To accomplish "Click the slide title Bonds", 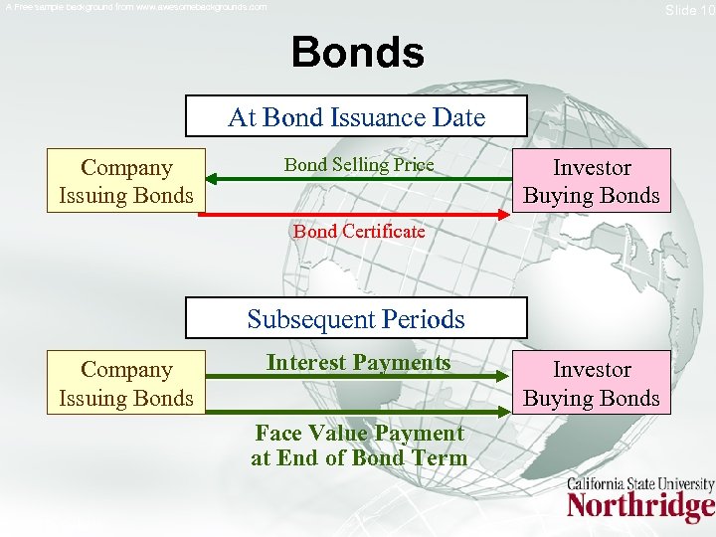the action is (358, 52).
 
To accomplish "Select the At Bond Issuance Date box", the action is (356, 118).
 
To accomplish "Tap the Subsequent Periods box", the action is (356, 319).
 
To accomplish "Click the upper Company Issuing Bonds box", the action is (125, 181).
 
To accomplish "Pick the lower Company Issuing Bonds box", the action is (125, 383).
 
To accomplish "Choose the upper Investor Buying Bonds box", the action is (592, 181).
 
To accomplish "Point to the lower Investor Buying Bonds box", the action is (592, 383).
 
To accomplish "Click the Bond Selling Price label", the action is (359, 165).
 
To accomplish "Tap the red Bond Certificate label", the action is (359, 232).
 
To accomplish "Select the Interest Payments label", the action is (358, 363).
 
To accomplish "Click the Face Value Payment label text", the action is (359, 446).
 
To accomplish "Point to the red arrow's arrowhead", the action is (504, 214).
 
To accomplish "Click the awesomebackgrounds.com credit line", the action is (136, 7).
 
